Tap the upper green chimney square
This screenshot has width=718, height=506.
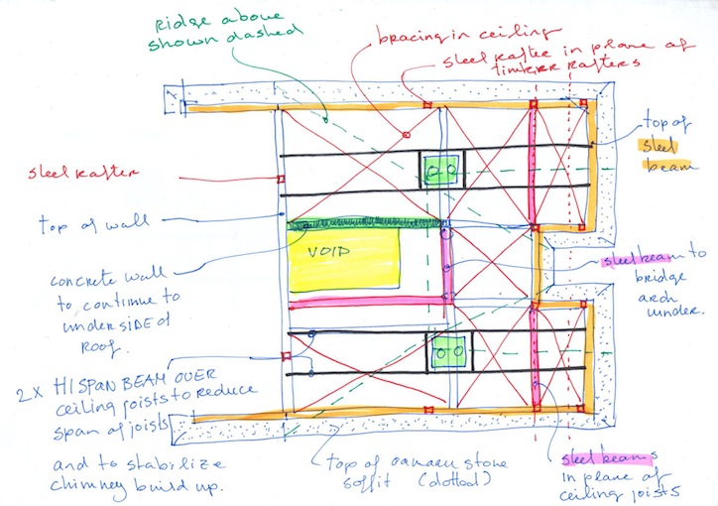click(437, 172)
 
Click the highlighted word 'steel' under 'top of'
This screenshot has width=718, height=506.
click(659, 147)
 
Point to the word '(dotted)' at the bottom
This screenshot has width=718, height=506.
click(440, 483)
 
